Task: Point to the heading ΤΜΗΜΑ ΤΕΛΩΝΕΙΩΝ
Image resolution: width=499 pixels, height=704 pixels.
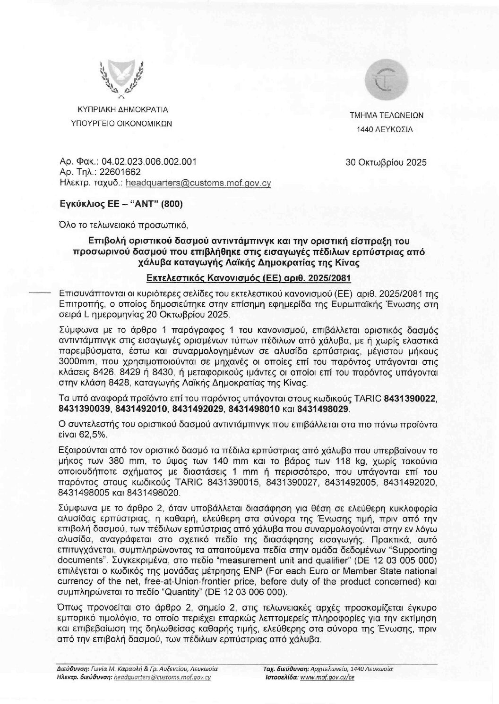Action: (386, 115)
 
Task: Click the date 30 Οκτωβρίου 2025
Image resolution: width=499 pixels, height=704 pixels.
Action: (386, 163)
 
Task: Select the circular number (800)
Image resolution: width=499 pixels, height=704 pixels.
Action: (172, 204)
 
